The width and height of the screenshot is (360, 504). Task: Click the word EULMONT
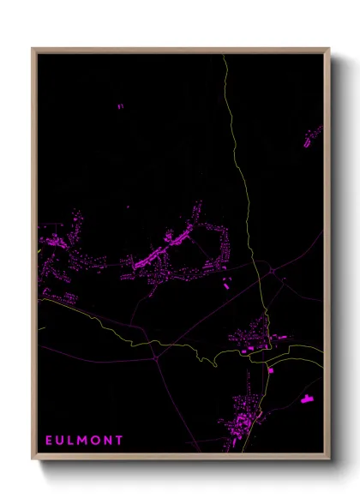click(83, 440)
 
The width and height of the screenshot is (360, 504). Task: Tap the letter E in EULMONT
click(49, 440)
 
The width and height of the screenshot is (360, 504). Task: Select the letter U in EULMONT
click(60, 440)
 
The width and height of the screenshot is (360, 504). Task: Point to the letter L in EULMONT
click(71, 440)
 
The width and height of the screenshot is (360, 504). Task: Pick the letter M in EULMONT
click(83, 440)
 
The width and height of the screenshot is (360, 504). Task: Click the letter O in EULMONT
click(96, 440)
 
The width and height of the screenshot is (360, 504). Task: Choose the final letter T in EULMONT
click(119, 440)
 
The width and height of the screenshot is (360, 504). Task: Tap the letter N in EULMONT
click(108, 440)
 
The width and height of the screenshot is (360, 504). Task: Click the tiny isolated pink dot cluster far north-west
click(120, 106)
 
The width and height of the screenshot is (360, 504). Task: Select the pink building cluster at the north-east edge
click(313, 135)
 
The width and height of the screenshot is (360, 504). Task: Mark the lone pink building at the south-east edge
click(307, 398)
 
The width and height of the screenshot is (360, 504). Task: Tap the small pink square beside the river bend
click(271, 370)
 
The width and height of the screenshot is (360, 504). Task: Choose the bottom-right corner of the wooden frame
click(328, 459)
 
